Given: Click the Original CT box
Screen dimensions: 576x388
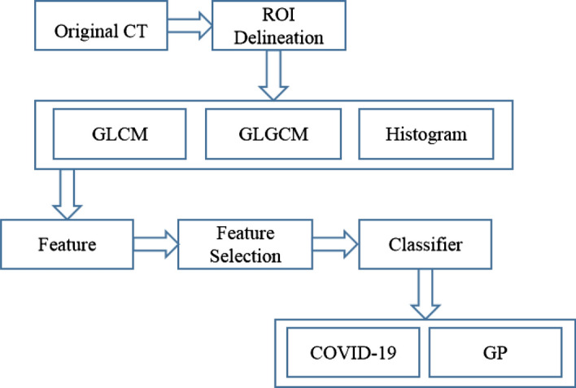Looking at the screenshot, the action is pos(101,25).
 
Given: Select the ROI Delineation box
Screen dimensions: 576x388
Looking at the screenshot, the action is pos(279,25).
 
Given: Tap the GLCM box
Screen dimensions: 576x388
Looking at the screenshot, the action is pos(120,133).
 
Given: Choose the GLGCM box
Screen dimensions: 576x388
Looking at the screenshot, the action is pos(273,133).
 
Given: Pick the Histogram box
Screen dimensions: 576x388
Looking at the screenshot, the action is pos(426,133).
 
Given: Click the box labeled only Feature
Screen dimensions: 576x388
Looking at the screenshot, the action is pos(67,244).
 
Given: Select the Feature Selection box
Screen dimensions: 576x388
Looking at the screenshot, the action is pos(246,244).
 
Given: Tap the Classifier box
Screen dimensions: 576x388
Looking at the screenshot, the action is pos(425,244).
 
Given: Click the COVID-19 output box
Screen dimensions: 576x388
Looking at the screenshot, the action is pos(353,352).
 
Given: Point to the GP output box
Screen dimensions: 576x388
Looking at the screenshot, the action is pos(495,352).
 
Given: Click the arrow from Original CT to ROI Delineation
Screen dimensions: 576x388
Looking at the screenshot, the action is pos(190,25).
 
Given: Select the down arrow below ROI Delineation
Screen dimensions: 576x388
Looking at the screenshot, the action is pos(273,75).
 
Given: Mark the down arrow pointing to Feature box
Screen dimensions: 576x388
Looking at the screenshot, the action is pos(67,194).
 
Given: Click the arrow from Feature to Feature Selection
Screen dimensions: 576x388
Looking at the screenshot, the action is pos(155,244).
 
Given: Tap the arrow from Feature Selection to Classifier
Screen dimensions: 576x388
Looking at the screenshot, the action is pos(335,244).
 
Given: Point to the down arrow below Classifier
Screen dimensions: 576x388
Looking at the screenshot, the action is pos(425,294).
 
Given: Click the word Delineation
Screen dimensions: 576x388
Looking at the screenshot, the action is pos(279,38).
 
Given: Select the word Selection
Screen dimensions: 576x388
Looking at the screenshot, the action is pos(246,256).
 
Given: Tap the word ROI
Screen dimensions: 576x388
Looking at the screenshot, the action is pos(278,15).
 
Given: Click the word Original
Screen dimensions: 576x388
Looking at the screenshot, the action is pos(86,32).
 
